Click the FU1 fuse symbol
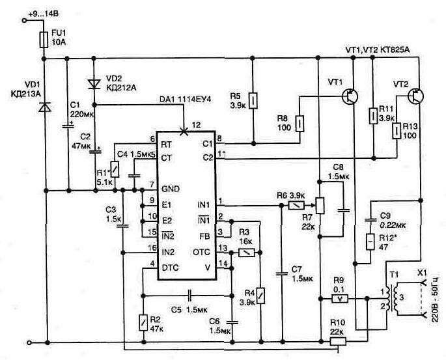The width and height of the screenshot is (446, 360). point(44,40)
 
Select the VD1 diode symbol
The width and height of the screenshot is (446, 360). point(44,107)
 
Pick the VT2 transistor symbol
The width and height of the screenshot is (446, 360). point(415,96)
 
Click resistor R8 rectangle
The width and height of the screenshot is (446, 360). point(300,122)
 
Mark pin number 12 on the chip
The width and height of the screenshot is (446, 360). point(197,124)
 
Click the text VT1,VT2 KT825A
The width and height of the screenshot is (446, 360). point(381,49)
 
